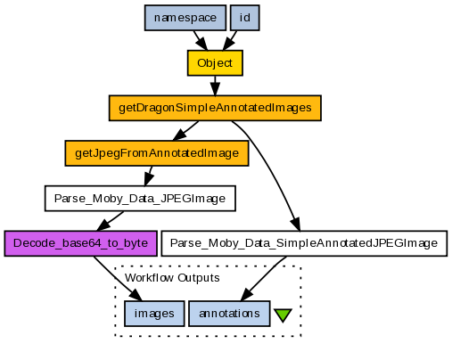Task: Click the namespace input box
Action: [x=185, y=18]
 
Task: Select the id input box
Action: [x=245, y=18]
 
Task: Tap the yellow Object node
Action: [x=215, y=63]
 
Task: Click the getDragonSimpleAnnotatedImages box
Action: [x=215, y=108]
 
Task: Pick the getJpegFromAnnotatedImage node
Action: [x=157, y=153]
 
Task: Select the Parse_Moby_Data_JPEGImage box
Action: [x=140, y=199]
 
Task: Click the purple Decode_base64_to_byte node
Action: [x=80, y=243]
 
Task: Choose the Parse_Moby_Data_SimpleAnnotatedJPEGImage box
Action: [x=304, y=243]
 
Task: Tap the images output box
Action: [x=154, y=314]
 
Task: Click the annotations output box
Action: [x=229, y=314]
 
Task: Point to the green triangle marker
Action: [x=283, y=315]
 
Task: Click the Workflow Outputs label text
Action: [x=172, y=278]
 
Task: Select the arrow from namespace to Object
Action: [x=201, y=40]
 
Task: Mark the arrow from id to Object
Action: [x=230, y=40]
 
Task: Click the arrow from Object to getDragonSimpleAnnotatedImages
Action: [x=215, y=86]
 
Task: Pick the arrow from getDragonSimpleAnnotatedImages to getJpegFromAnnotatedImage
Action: [x=185, y=131]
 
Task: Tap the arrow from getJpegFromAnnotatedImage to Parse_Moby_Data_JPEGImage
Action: [x=148, y=176]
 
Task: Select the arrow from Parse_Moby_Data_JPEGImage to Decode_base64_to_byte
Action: [x=110, y=221]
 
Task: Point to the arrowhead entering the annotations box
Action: [x=247, y=294]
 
